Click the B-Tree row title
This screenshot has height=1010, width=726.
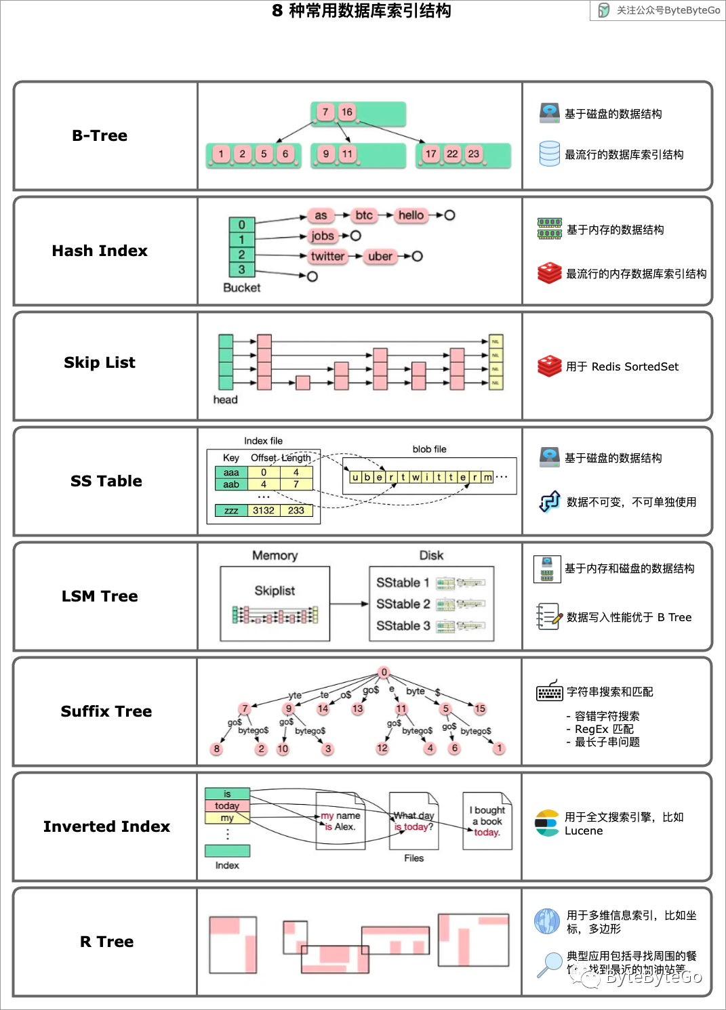tap(100, 135)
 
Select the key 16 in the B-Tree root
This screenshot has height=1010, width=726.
tap(347, 112)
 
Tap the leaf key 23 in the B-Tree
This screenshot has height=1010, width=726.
tap(474, 154)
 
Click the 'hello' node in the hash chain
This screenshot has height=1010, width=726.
tap(411, 215)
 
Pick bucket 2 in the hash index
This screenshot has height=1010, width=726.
tap(241, 255)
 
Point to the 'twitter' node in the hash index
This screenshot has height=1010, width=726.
tap(327, 256)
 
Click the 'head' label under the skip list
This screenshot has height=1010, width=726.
tap(225, 400)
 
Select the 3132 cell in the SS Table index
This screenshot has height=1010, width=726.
tap(264, 511)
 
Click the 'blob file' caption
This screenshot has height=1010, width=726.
tap(429, 449)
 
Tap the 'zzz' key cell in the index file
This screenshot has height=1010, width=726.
tap(231, 511)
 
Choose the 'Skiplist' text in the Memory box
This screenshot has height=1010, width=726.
tap(275, 591)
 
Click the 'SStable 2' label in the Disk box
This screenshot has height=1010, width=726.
tap(403, 604)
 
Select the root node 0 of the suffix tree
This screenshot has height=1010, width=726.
tap(384, 672)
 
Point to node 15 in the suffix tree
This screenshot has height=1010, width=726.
tap(480, 709)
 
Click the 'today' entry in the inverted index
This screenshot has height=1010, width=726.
tap(227, 806)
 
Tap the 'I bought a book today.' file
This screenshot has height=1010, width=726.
tap(487, 821)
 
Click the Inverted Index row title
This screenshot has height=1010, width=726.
tap(106, 826)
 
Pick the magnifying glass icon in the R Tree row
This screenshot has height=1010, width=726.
tap(548, 965)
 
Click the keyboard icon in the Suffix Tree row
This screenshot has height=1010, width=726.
tap(549, 691)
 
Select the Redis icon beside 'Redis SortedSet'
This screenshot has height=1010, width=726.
tap(550, 366)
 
